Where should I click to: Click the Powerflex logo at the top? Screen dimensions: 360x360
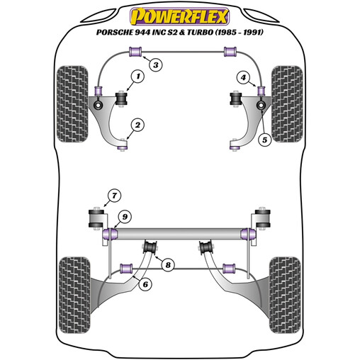click(x=179, y=16)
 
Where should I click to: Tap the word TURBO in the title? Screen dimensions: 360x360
click(x=201, y=32)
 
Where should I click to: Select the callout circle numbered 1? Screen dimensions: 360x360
click(x=138, y=77)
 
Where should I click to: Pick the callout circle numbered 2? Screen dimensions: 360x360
click(x=137, y=125)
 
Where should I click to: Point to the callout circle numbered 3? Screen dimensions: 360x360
click(x=156, y=64)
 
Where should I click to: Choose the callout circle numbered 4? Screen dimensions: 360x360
click(x=243, y=77)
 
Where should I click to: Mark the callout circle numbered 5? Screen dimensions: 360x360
click(x=264, y=140)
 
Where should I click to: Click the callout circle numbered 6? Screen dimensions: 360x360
click(x=145, y=284)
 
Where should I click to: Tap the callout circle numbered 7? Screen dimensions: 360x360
click(x=114, y=196)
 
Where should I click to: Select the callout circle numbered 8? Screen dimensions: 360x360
click(x=168, y=265)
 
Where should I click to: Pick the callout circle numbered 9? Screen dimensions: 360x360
click(x=125, y=217)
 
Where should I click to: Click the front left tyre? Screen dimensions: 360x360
click(x=72, y=104)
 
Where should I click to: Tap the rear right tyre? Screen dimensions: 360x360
click(x=285, y=295)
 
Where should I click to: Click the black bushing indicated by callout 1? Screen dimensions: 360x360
click(x=121, y=99)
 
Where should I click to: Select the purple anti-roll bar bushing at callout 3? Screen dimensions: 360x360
click(x=135, y=52)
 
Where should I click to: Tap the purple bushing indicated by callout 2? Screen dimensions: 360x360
click(x=123, y=148)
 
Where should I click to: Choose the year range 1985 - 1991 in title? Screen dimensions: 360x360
click(x=239, y=32)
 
